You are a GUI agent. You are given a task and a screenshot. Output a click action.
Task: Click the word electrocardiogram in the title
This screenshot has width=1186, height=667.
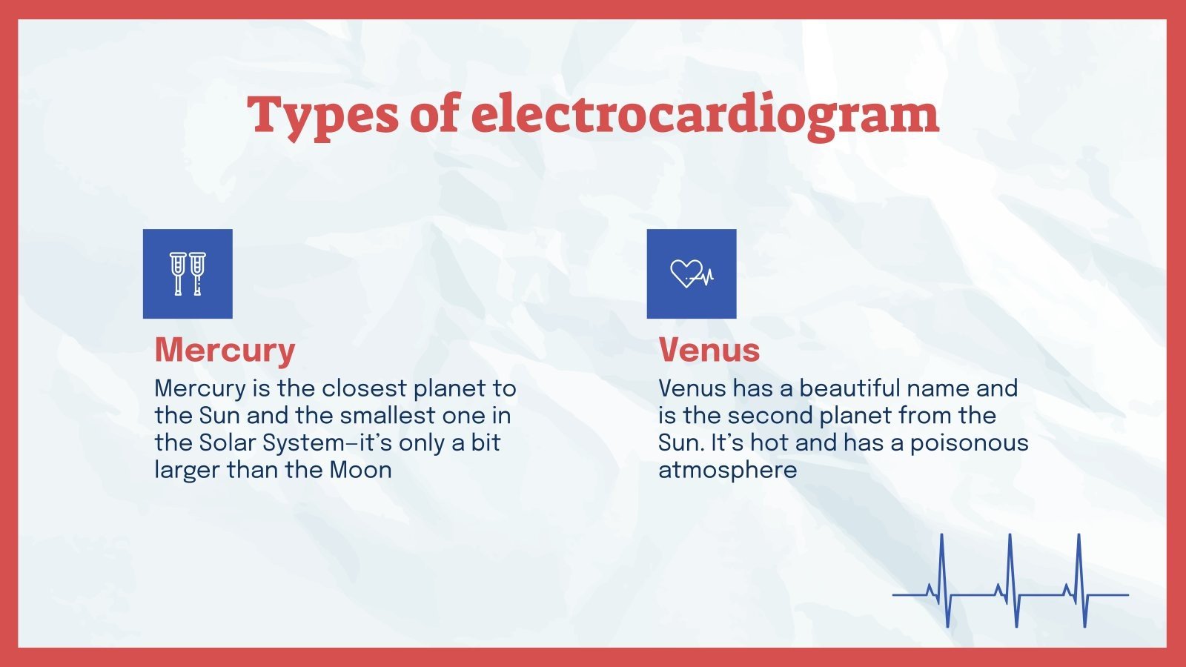click(705, 116)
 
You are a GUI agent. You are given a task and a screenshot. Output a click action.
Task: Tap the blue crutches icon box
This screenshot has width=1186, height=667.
click(188, 273)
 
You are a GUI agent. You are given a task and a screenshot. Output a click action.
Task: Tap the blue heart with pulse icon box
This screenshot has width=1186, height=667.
click(692, 273)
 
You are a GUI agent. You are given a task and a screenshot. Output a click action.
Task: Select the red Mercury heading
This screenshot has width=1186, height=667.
click(225, 350)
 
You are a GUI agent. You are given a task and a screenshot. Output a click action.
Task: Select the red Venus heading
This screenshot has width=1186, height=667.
click(709, 350)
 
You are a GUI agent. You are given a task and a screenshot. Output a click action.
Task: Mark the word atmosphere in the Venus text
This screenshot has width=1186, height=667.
click(727, 470)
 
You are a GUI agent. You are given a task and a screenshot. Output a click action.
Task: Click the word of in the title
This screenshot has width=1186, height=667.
click(434, 116)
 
